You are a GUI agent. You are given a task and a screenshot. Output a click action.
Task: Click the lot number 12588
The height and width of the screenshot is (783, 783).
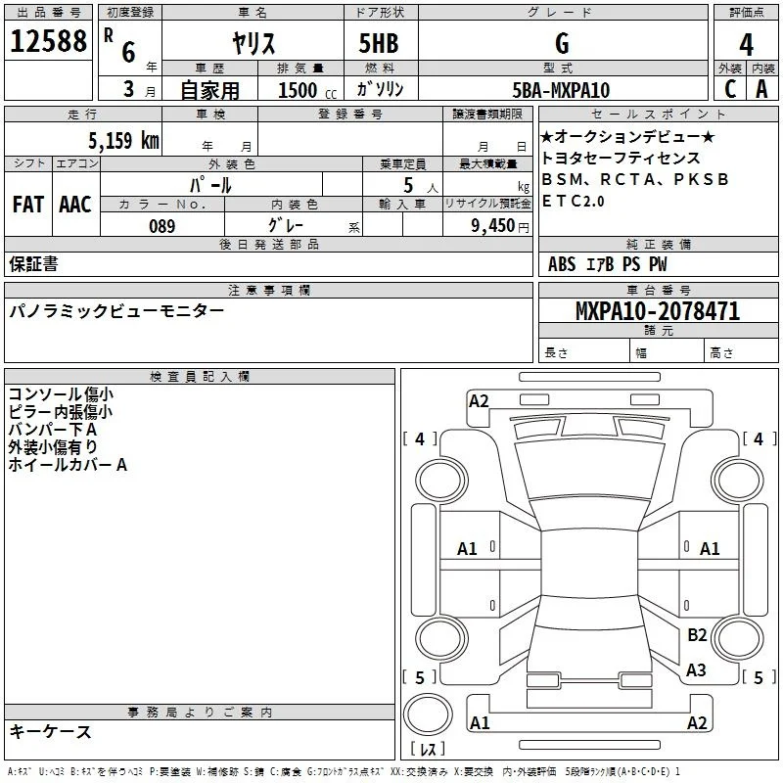(48, 41)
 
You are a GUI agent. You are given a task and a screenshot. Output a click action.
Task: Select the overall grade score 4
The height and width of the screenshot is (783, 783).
(746, 44)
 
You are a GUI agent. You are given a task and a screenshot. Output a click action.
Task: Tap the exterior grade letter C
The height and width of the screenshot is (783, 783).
(730, 89)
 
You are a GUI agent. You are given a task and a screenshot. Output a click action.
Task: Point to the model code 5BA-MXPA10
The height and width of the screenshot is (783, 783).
(561, 90)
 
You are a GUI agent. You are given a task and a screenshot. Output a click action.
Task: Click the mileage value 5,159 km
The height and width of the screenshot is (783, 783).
(123, 140)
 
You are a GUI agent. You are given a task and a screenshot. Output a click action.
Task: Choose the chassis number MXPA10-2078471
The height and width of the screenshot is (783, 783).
(658, 311)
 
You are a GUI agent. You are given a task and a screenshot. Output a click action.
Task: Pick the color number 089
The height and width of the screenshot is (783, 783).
(162, 226)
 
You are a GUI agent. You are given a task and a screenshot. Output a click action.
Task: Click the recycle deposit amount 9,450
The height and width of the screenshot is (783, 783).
(493, 226)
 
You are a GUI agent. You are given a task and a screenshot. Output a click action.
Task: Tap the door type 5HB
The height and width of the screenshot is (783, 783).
(379, 43)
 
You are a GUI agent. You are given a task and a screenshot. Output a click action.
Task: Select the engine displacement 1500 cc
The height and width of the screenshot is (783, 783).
(307, 90)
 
